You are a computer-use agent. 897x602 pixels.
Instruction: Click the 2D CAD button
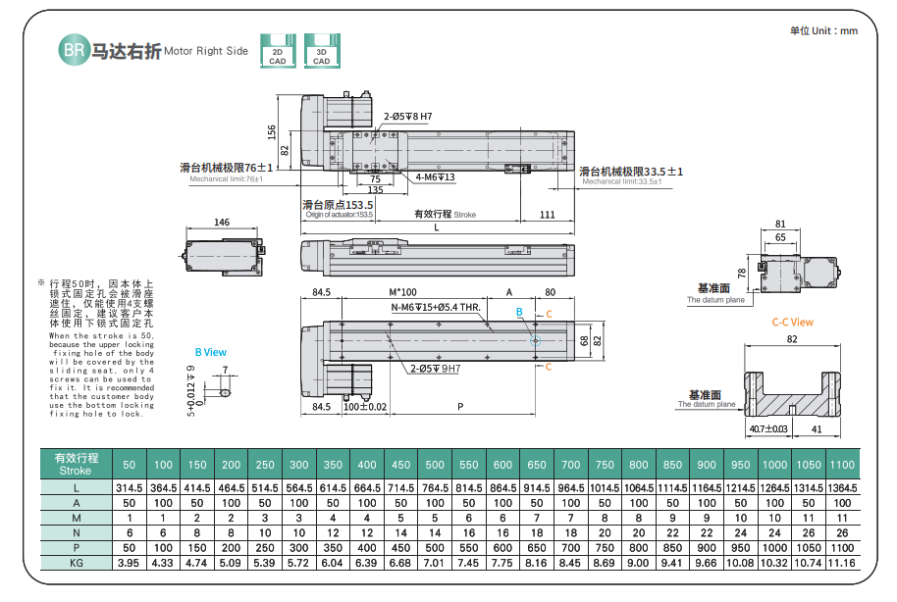point(278,50)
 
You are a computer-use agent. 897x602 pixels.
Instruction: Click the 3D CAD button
point(321,50)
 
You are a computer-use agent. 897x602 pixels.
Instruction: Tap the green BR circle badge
point(74,49)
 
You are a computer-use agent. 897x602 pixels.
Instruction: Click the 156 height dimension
point(272,131)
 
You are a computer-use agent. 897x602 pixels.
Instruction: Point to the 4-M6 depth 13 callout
point(434,177)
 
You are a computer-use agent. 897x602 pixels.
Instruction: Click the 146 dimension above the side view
point(222,223)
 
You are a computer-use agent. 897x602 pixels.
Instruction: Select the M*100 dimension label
point(402,292)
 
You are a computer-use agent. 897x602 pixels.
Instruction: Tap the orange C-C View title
point(792,322)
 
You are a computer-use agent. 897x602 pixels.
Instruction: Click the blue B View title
point(210,351)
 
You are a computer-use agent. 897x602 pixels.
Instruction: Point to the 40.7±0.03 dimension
point(767,428)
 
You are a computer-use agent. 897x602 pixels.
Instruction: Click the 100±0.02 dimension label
point(365,406)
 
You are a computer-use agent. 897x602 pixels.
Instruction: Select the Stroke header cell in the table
point(76,464)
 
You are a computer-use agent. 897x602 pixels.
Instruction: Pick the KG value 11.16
point(842,564)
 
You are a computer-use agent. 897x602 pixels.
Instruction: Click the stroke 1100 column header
point(842,464)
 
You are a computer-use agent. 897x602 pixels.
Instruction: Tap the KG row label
point(76,564)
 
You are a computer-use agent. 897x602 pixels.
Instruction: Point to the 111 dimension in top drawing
point(548,215)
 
